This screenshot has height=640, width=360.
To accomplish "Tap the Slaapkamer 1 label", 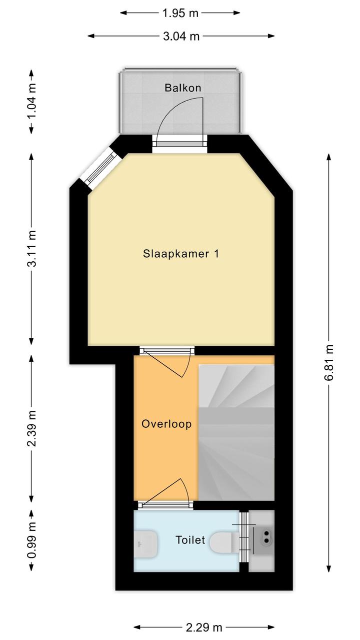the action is coord(181,254).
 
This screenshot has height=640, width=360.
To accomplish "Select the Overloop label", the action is coord(166,424).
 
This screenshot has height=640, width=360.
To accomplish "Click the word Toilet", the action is coord(190,540).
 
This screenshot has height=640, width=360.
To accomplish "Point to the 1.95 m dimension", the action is coord(180,13).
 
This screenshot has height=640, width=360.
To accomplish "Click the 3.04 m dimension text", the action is coord(181,37).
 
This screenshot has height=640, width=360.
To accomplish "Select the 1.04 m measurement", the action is coord(31,102).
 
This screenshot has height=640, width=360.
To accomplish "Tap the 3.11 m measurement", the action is coord(31,249).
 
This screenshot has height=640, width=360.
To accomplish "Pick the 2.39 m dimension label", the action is coord(31,428).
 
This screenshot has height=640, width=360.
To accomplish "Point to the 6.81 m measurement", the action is coord(328,363).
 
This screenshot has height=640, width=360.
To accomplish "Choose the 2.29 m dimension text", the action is coord(204,627).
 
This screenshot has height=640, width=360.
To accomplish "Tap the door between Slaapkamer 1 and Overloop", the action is coord(167,361).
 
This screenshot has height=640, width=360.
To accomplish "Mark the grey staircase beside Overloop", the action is coord(236,433).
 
